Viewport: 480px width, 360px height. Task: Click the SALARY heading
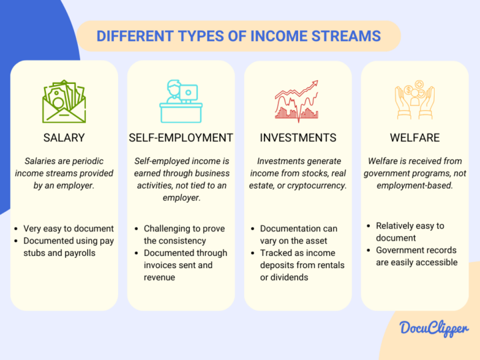64,138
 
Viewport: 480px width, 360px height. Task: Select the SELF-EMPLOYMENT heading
181,138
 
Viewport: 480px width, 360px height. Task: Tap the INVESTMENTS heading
297,138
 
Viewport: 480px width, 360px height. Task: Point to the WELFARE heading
414,138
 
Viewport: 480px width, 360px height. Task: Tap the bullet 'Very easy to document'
69,229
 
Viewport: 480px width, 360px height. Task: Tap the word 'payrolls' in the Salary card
80,253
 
